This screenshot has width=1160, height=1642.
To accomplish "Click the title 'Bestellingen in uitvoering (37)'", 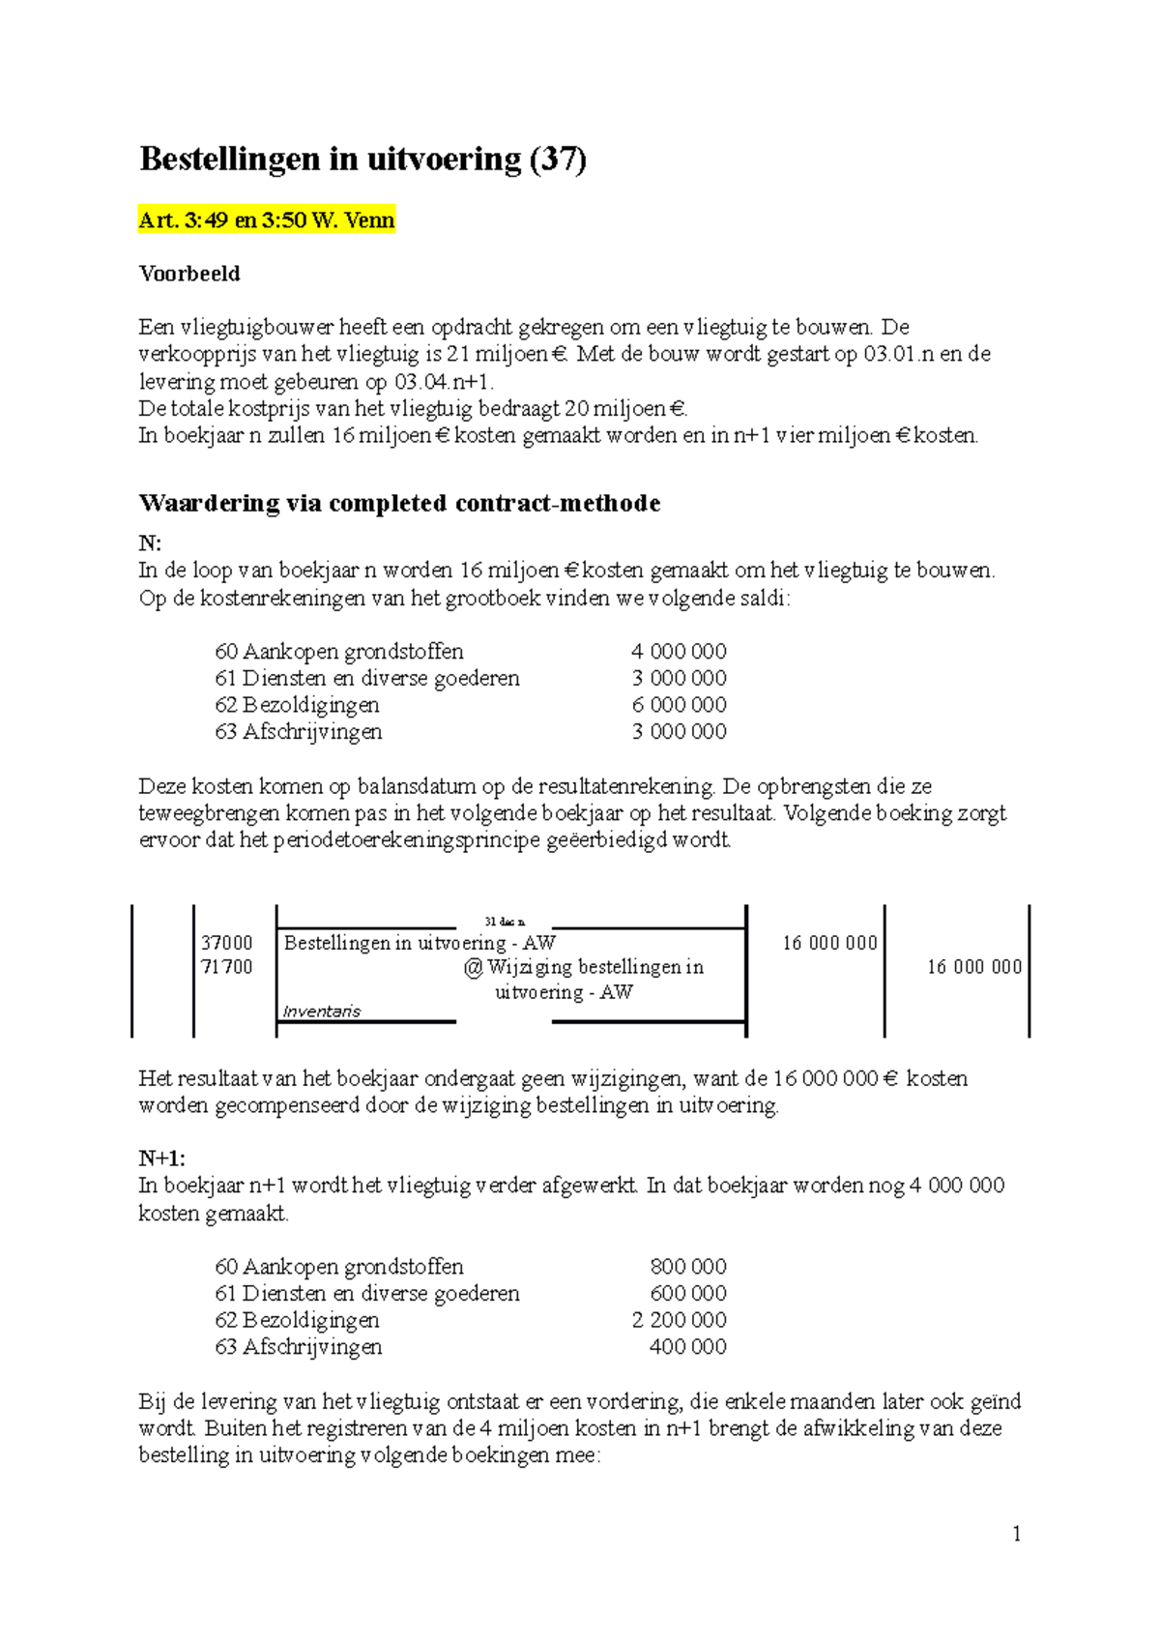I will [x=362, y=159].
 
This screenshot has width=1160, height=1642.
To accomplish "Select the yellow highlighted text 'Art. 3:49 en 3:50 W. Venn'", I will [x=267, y=220].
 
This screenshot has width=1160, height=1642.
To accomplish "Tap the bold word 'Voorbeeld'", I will [x=189, y=274].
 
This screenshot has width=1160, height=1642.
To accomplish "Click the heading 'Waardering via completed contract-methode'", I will [x=399, y=503].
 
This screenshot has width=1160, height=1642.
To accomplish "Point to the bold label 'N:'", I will [x=150, y=543].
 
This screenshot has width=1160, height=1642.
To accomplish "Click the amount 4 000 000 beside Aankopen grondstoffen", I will [x=679, y=652].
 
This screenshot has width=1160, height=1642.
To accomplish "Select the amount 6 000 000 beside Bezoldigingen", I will [x=679, y=705].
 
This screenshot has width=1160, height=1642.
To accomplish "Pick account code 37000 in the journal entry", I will [x=227, y=943].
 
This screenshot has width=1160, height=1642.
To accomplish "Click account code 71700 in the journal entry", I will [x=227, y=967].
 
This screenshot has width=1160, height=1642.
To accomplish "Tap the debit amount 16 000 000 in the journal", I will [x=829, y=943].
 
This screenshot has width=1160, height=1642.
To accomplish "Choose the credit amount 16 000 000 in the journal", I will [x=973, y=967].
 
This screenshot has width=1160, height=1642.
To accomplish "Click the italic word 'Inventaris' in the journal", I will [x=321, y=1012].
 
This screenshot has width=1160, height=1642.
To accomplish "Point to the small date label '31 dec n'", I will [x=505, y=923].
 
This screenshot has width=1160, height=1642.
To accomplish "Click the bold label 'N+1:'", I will [x=161, y=1158].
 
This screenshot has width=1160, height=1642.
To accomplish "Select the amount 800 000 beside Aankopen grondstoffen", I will [x=687, y=1267].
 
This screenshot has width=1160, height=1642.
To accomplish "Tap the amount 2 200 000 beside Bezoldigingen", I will [x=679, y=1320].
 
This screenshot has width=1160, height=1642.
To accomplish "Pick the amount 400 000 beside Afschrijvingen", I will [x=687, y=1347].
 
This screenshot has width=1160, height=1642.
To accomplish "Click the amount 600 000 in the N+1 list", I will [x=687, y=1294].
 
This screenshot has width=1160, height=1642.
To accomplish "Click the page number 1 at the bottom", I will [x=1016, y=1534].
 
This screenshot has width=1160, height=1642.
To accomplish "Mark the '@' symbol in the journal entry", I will [x=473, y=967].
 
